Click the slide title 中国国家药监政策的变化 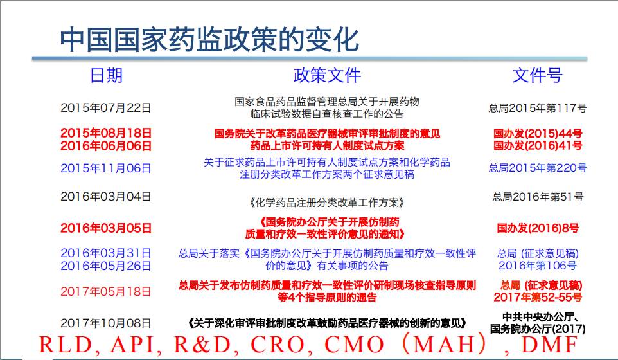pyautogui.click(x=209, y=39)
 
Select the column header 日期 pyautogui.click(x=107, y=75)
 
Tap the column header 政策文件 pyautogui.click(x=327, y=75)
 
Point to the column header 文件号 pyautogui.click(x=537, y=75)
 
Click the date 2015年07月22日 pyautogui.click(x=105, y=107)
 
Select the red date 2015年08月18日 pyautogui.click(x=105, y=133)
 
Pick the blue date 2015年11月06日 pyautogui.click(x=105, y=168)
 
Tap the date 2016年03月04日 pyautogui.click(x=105, y=196)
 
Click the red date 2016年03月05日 pyautogui.click(x=105, y=228)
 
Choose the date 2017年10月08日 pyautogui.click(x=105, y=323)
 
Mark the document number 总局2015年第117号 pyautogui.click(x=538, y=107)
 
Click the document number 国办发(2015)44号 pyautogui.click(x=538, y=133)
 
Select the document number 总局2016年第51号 pyautogui.click(x=538, y=196)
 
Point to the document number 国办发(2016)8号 pyautogui.click(x=538, y=228)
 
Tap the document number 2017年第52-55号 pyautogui.click(x=538, y=297)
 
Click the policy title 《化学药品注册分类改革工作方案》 pyautogui.click(x=327, y=203)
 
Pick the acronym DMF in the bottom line pyautogui.click(x=549, y=344)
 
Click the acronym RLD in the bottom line pyautogui.click(x=66, y=344)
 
